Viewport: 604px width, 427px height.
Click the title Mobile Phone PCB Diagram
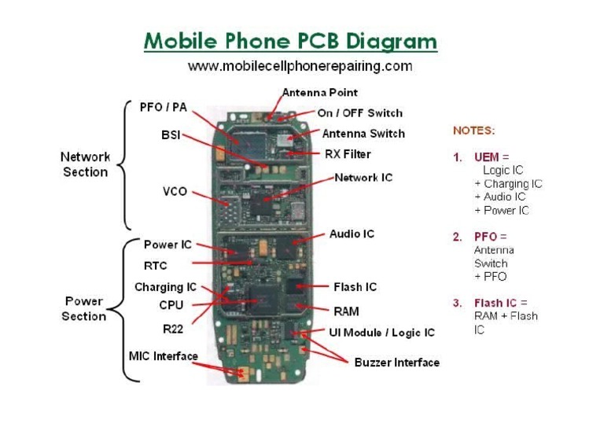point(290,41)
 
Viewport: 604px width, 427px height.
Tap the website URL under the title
point(300,66)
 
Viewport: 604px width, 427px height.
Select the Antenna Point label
point(319,93)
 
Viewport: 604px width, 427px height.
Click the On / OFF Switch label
point(359,113)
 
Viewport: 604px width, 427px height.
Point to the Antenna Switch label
point(363,134)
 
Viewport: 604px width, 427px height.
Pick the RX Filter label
point(348,154)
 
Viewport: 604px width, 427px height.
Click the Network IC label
point(363,178)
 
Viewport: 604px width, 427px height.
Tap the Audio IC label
point(352,234)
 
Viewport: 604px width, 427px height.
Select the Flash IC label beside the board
point(355,287)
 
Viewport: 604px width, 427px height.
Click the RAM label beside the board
point(346,311)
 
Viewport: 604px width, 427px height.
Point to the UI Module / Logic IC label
point(381,333)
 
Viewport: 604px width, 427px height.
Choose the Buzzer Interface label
point(396,363)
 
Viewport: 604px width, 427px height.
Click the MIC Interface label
point(163,356)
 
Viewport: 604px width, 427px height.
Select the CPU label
point(171,305)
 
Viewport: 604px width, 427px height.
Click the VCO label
point(174,191)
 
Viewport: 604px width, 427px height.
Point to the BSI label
point(171,135)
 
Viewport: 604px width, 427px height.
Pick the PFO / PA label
point(163,107)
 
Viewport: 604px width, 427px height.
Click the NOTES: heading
point(473,131)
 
